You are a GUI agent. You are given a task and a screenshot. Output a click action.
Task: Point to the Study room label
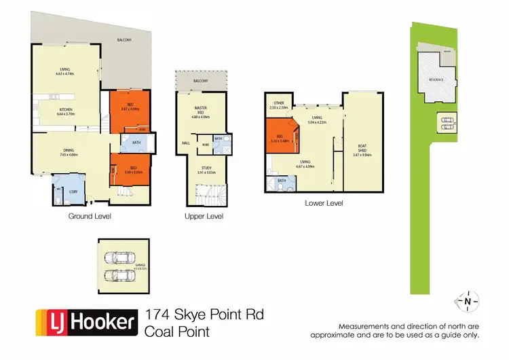tap(206, 168)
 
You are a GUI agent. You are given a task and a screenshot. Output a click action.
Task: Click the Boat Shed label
tap(362, 146)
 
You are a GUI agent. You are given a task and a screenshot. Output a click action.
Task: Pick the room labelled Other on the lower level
tap(279, 103)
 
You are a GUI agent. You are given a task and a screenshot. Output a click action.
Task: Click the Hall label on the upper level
tap(186, 143)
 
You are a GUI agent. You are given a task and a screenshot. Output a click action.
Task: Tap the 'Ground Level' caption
tap(90, 216)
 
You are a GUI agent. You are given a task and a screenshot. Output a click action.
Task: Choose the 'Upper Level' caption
tap(204, 216)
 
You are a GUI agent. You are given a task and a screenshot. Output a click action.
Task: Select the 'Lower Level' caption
tap(324, 202)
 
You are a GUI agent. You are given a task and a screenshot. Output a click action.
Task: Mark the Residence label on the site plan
tap(436, 79)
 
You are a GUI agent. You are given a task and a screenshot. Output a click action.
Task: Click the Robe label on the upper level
tap(205, 145)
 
